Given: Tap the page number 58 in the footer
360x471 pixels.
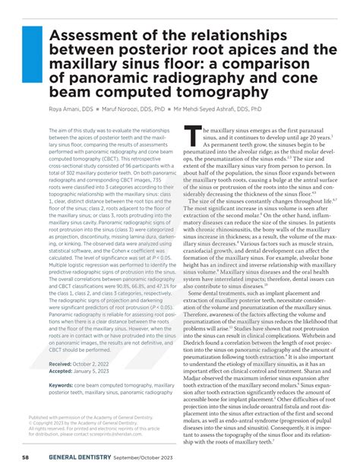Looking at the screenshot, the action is coord(25,457).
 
